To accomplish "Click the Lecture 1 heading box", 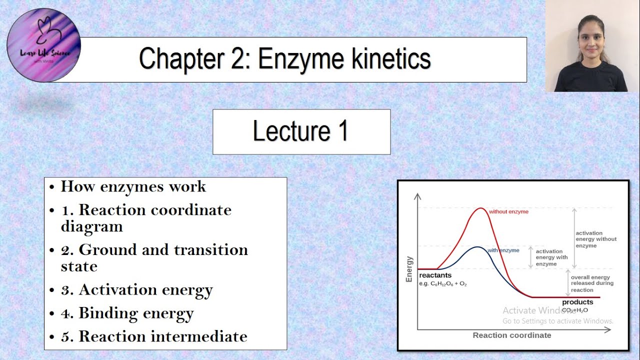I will tap(301, 132).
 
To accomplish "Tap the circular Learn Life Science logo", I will tap(43, 45).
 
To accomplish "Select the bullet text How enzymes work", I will tap(133, 187).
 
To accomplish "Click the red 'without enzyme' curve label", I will tap(508, 211).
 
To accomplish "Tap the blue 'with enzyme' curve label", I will tap(503, 250).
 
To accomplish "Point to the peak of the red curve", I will tap(480, 208).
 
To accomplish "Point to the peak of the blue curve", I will tap(478, 247).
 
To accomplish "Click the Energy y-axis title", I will tap(409, 269).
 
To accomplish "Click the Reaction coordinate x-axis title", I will tap(511, 335).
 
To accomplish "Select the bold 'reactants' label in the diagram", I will tap(435, 275).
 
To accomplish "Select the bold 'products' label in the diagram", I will tap(577, 302).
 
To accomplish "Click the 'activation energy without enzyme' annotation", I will tap(596, 239).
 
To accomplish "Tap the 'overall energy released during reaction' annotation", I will tap(592, 283).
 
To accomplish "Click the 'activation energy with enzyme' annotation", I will tap(552, 257).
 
